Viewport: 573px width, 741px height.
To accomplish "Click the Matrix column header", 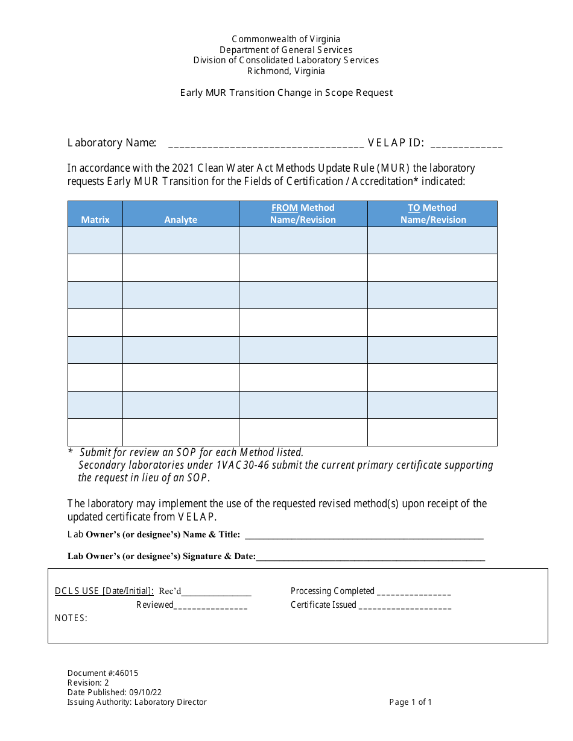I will (95, 220).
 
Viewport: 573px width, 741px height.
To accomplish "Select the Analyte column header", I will (180, 220).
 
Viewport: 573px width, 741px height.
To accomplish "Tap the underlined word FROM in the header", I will (284, 208).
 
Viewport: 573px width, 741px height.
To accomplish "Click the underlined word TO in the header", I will (414, 208).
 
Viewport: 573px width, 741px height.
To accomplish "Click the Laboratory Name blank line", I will (265, 144).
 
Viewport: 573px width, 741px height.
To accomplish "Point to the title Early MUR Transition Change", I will (286, 93).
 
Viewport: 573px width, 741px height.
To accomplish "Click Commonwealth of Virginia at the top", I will (286, 39).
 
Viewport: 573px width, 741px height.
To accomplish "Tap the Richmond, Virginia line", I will (286, 71).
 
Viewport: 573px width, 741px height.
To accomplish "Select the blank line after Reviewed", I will (211, 605).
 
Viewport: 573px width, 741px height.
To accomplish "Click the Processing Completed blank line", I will (414, 592).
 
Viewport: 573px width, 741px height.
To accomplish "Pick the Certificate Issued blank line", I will (405, 605).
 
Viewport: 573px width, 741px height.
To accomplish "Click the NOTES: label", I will (71, 618).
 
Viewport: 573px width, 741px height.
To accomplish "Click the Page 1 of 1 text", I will (410, 702).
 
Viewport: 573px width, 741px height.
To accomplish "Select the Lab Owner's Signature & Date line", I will (370, 557).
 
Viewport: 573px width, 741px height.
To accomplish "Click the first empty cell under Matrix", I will (95, 240).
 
